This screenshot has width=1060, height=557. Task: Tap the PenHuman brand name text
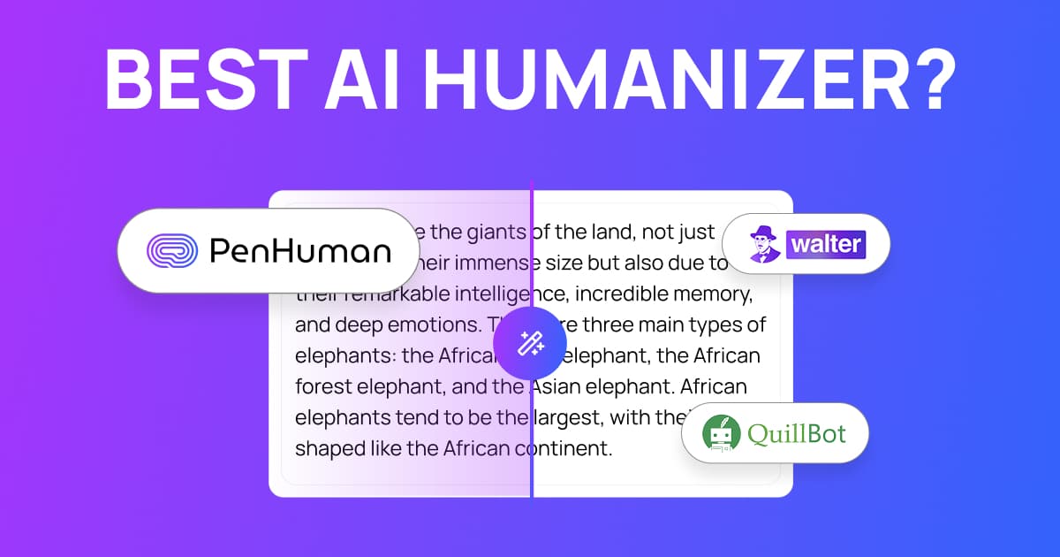click(x=299, y=252)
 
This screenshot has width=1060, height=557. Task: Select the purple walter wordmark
click(x=826, y=243)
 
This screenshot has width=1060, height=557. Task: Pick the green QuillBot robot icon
click(x=720, y=434)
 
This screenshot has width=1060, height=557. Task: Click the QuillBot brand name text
click(x=797, y=434)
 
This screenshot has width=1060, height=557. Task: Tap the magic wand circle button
click(x=530, y=343)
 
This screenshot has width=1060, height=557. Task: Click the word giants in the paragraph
click(x=486, y=233)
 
